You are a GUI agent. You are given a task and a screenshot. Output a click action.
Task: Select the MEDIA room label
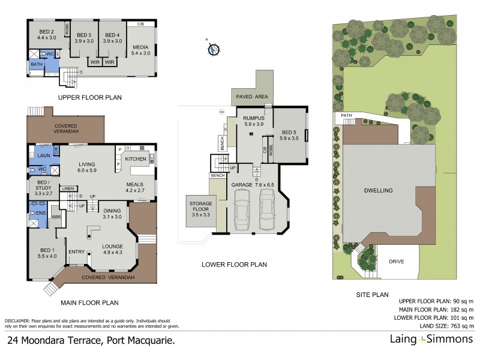pos(140,48)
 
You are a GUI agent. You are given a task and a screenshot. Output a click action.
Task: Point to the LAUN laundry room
pos(43,155)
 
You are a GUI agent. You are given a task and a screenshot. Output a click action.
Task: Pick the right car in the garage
pos(268,210)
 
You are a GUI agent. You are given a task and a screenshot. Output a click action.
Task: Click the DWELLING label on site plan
pos(378,190)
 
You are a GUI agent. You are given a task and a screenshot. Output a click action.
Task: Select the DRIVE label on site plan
pos(396,262)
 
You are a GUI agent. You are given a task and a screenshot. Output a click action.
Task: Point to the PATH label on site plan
pos(346,115)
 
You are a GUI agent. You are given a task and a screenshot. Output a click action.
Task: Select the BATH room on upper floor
pos(37,65)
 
